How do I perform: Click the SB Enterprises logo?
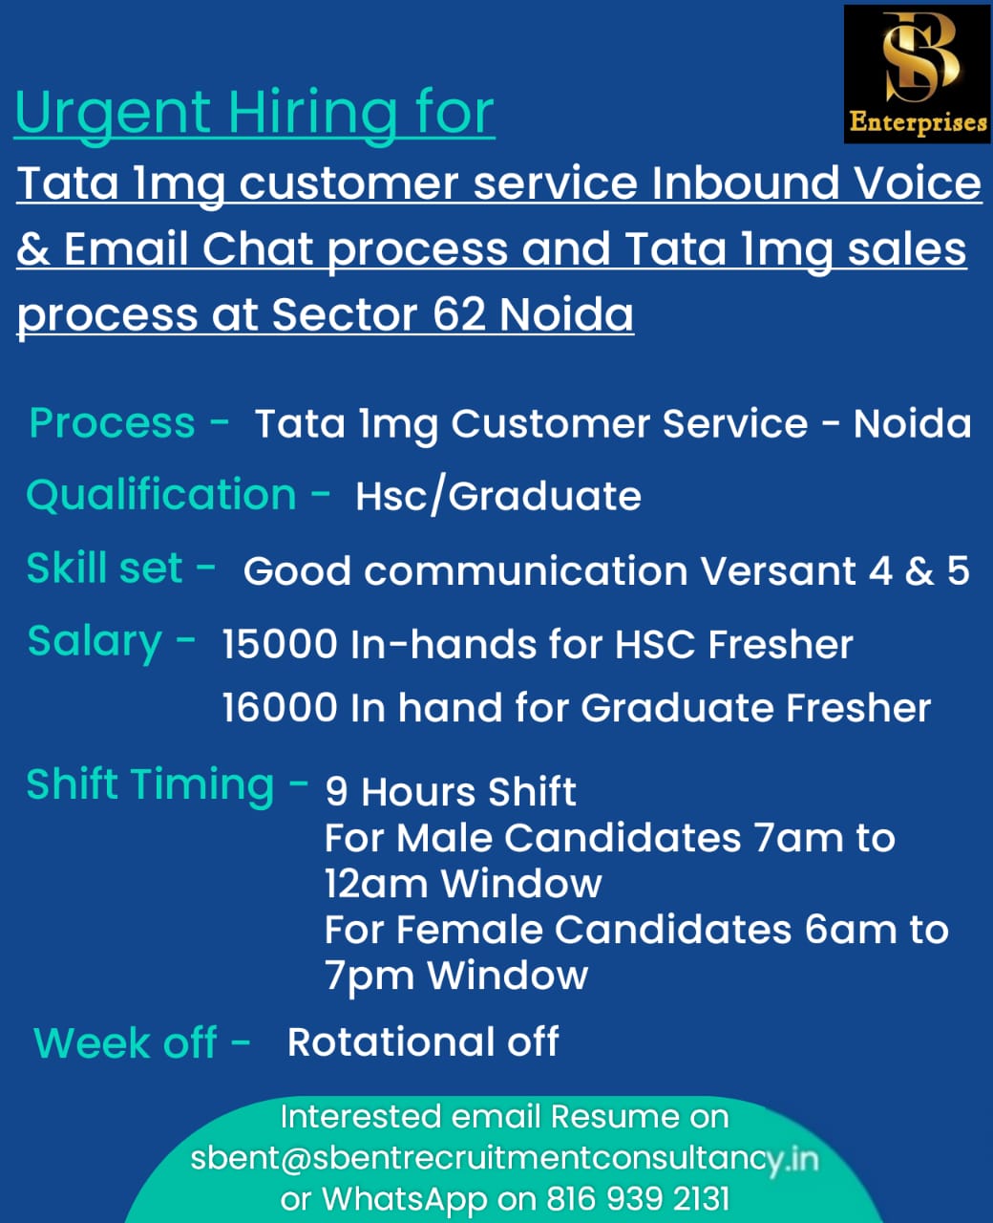point(917,75)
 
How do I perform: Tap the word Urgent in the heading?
point(114,115)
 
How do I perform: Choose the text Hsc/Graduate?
point(498,497)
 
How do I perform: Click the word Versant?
point(778,571)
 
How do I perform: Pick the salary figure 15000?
point(280,644)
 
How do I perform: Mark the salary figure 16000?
point(280,707)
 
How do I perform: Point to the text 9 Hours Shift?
point(451,792)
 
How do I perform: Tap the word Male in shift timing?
point(444,838)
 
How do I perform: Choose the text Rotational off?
point(423,1041)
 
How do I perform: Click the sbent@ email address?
point(504,1159)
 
